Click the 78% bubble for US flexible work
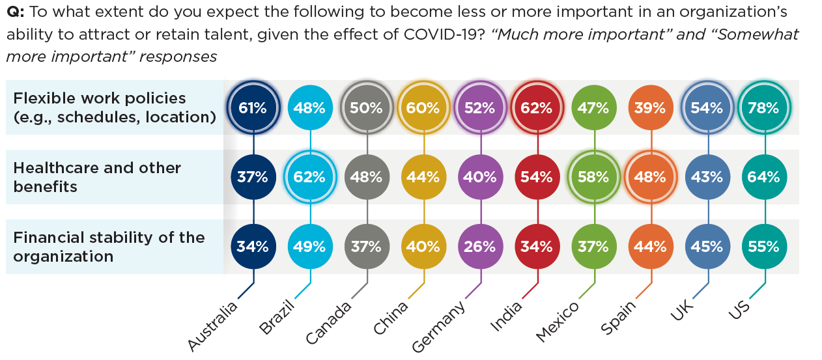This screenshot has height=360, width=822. point(765,108)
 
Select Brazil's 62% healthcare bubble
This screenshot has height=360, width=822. point(309,177)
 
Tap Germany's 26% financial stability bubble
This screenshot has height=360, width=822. point(481,247)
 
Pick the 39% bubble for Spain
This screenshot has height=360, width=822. point(651,108)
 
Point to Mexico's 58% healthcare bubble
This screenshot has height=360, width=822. point(594,177)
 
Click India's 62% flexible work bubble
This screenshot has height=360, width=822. point(537,108)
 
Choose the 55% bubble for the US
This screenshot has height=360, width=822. point(765,247)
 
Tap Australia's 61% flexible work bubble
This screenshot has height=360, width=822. point(253,108)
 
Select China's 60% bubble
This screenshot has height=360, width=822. point(424,108)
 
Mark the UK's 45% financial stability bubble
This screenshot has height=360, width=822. point(708,247)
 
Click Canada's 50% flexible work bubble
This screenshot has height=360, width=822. point(367,108)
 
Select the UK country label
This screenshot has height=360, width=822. point(683,312)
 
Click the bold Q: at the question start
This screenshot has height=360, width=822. point(15,12)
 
